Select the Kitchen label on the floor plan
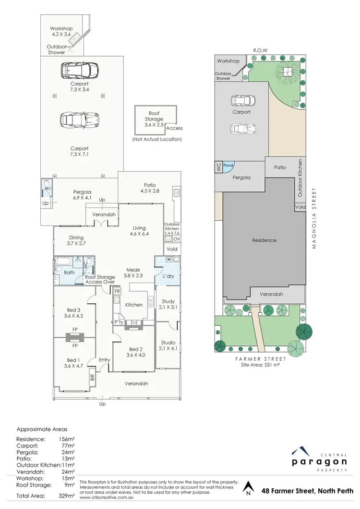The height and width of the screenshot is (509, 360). pyautogui.click(x=134, y=305)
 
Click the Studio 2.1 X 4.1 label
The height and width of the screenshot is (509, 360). pyautogui.click(x=168, y=345)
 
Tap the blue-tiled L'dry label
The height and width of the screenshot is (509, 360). pyautogui.click(x=168, y=277)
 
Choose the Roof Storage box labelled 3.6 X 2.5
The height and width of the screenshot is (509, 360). pyautogui.click(x=154, y=119)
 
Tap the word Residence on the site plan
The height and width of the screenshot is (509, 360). pyautogui.click(x=264, y=240)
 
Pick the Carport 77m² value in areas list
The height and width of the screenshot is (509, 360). pyautogui.click(x=67, y=445)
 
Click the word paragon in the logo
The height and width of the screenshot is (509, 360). pyautogui.click(x=319, y=462)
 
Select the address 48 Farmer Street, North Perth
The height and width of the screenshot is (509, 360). pyautogui.click(x=307, y=491)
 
